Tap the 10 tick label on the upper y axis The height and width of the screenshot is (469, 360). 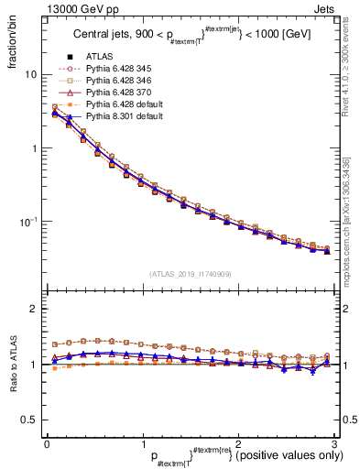click(x=29, y=74)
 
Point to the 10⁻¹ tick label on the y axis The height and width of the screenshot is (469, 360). click(x=27, y=222)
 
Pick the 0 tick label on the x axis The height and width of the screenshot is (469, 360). click(x=46, y=443)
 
